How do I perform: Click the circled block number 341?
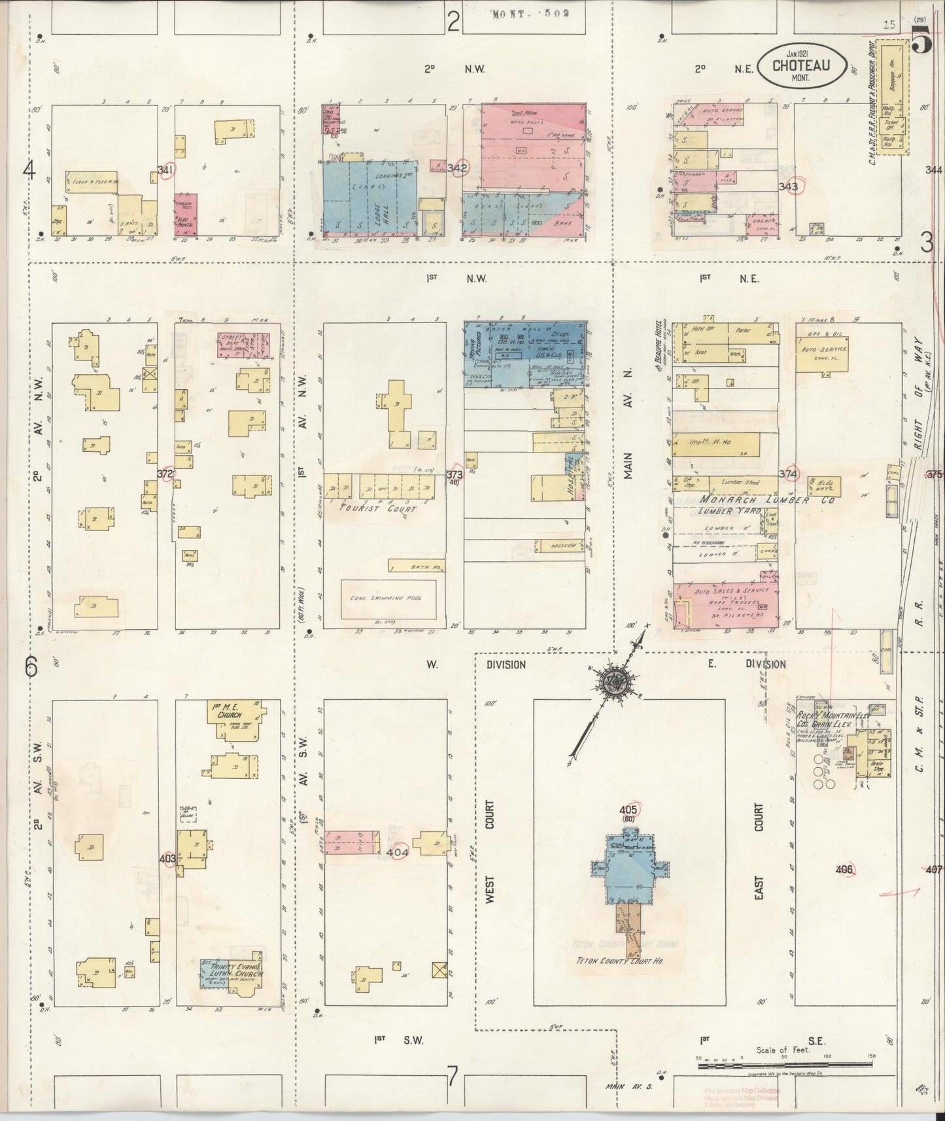point(165,171)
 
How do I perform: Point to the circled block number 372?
point(166,474)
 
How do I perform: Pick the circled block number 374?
point(789,474)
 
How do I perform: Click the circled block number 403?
point(167,857)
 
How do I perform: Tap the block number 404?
point(397,852)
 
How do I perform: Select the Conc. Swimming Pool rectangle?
point(389,598)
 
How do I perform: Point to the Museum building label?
point(561,545)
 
